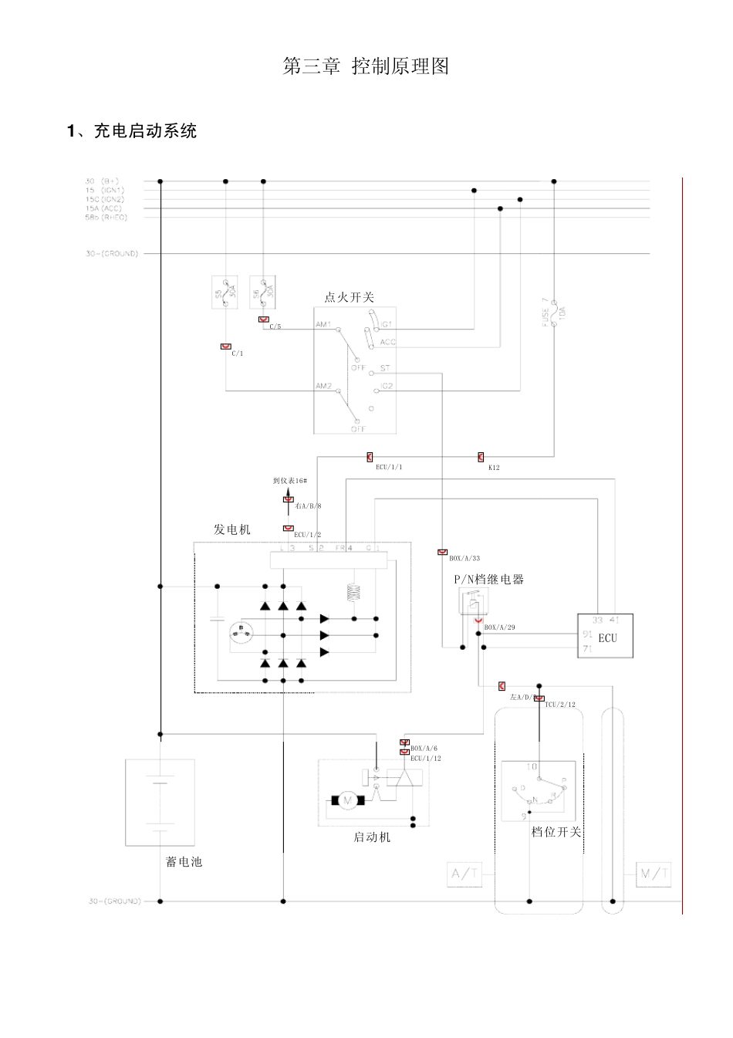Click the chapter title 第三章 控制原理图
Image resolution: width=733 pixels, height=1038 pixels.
point(366,66)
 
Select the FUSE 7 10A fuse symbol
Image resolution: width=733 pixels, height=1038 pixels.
point(554,314)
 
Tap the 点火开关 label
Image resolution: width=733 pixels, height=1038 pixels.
point(349,297)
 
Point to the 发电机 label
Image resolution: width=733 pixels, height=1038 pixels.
point(231,529)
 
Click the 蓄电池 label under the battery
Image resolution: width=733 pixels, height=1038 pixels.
point(184,861)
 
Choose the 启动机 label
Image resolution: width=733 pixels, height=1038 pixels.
point(372,837)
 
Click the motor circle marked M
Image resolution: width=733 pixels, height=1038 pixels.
point(347,800)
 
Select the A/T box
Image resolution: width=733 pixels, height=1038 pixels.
point(464,874)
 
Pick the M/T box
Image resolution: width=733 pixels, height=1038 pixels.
point(653,874)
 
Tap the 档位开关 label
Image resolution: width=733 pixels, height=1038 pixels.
point(556,832)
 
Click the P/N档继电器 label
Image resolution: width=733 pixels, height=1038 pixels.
point(488,579)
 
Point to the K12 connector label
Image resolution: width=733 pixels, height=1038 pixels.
point(494,468)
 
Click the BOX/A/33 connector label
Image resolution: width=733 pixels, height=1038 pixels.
point(464,558)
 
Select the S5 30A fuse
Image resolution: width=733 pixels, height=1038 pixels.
point(225,292)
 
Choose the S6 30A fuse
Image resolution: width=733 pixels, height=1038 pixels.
point(262,292)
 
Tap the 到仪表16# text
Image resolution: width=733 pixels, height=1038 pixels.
point(290,481)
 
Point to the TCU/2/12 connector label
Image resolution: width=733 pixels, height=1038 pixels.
point(559,705)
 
